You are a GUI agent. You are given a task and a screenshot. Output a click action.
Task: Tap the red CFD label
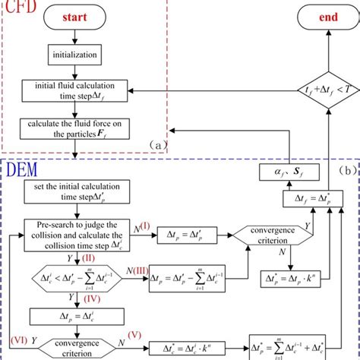point(19,8)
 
